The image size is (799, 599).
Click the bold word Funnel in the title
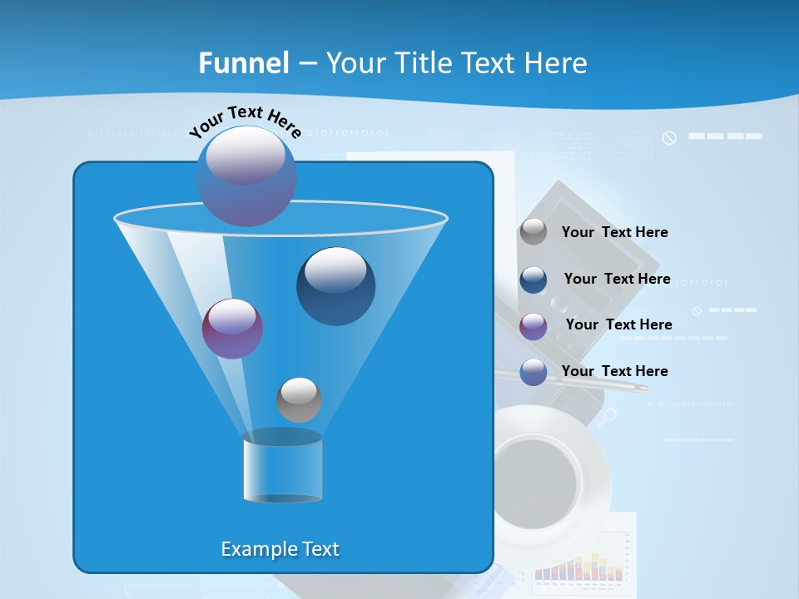(244, 63)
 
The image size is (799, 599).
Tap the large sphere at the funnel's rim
(246, 176)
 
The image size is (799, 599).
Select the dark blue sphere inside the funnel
(335, 286)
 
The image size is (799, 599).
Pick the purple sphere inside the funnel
(232, 329)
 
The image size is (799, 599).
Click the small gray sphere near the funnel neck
(299, 399)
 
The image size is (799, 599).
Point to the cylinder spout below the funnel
(282, 468)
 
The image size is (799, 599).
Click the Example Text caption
(280, 549)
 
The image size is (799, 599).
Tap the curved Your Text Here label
(245, 121)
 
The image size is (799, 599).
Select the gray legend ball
(533, 231)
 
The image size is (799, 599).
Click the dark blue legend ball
(533, 280)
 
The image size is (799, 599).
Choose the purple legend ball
(533, 326)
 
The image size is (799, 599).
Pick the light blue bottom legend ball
(533, 372)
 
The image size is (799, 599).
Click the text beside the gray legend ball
(614, 232)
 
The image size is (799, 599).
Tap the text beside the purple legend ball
(618, 324)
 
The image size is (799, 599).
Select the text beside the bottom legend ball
(614, 371)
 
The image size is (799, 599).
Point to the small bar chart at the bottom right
(580, 567)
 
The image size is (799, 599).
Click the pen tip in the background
(641, 388)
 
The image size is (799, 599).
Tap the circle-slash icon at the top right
(669, 138)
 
